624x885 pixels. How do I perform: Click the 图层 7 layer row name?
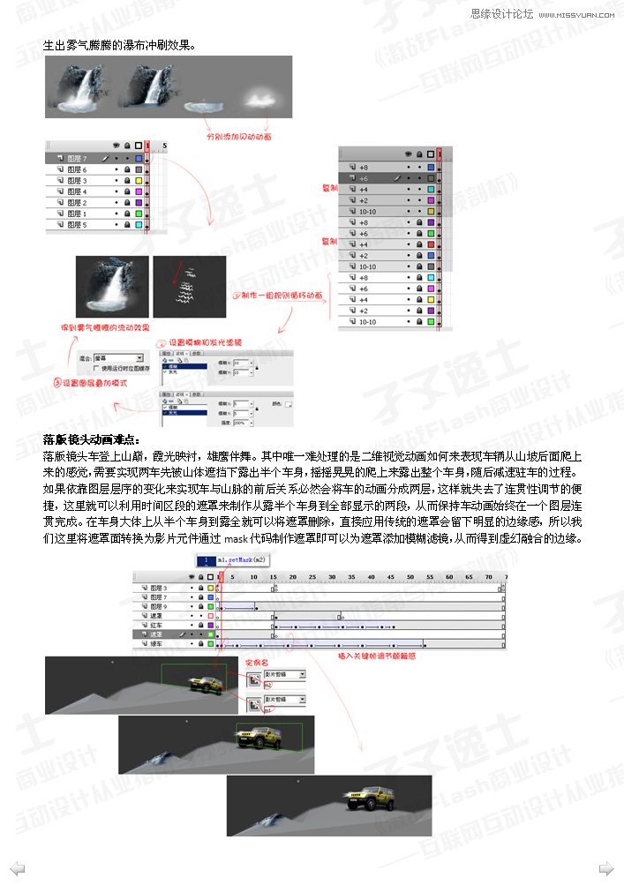[x=77, y=158]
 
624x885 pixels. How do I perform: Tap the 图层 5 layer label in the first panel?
[x=77, y=224]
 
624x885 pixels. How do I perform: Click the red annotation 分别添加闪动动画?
[x=238, y=137]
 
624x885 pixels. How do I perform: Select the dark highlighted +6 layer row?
[x=364, y=177]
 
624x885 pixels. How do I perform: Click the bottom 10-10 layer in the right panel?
[x=367, y=322]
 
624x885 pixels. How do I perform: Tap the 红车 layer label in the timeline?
[x=160, y=624]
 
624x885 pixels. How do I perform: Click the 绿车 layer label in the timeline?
[x=160, y=645]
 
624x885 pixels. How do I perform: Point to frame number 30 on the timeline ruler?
[x=331, y=577]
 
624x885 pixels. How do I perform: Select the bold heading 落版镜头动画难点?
[x=91, y=439]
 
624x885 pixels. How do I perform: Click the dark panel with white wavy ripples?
[x=188, y=287]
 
